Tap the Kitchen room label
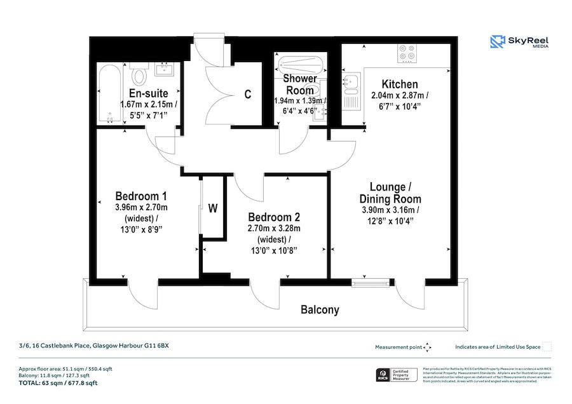(x=399, y=84)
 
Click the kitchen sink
(x=351, y=81)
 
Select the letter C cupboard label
(x=248, y=95)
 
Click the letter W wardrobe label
(x=214, y=208)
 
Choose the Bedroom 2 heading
(x=270, y=215)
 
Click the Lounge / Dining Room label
(x=391, y=194)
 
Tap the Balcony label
(x=320, y=310)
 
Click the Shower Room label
(x=299, y=84)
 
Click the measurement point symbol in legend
(x=428, y=347)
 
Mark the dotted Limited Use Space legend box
(x=547, y=347)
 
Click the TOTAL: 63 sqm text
(x=58, y=383)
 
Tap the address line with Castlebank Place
(x=93, y=346)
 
